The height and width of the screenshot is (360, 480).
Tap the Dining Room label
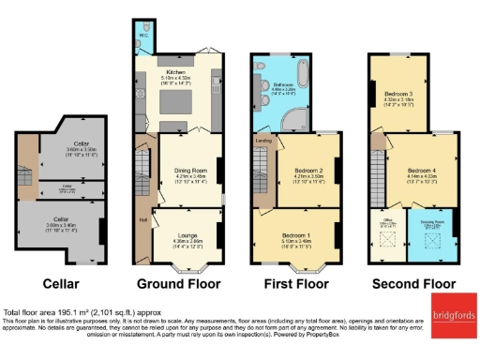pyautogui.click(x=190, y=172)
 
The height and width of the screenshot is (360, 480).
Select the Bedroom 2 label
pyautogui.click(x=309, y=172)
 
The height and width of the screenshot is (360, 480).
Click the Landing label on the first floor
pyautogui.click(x=265, y=142)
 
